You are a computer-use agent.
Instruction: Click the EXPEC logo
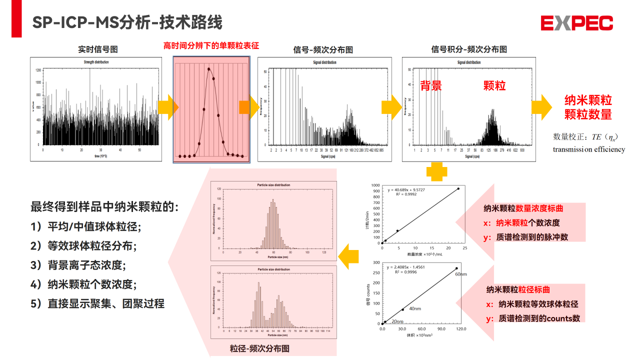pyautogui.click(x=576, y=23)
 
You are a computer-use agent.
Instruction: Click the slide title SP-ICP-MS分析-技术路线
pyautogui.click(x=127, y=22)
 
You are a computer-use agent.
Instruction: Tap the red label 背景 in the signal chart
pyautogui.click(x=430, y=85)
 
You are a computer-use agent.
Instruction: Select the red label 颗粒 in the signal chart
pyautogui.click(x=494, y=85)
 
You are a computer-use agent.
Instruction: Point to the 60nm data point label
pyautogui.click(x=461, y=274)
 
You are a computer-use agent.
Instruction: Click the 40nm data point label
pyautogui.click(x=414, y=308)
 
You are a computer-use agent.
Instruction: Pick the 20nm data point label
pyautogui.click(x=397, y=321)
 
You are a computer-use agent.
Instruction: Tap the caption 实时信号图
pyautogui.click(x=98, y=49)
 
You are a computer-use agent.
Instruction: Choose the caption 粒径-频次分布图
pyautogui.click(x=259, y=348)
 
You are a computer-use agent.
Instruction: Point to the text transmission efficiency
pyautogui.click(x=588, y=149)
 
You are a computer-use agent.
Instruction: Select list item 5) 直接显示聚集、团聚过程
pyautogui.click(x=97, y=303)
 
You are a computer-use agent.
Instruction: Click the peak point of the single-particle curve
pyautogui.click(x=208, y=69)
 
